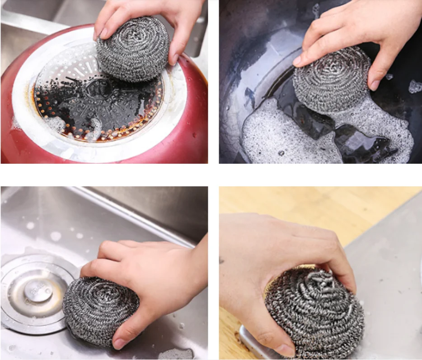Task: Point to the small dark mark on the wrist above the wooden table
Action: [222, 260]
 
